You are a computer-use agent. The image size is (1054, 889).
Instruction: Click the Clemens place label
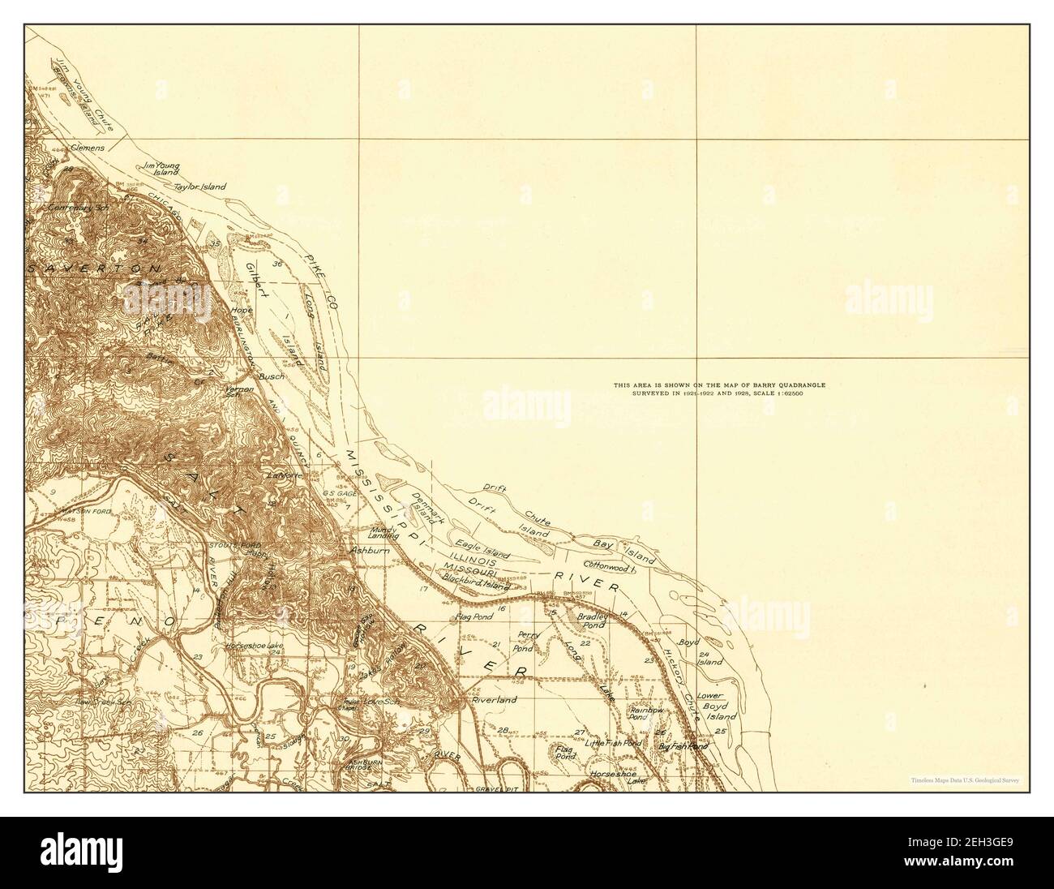pos(88,149)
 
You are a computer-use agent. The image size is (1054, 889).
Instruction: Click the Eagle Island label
pos(482,549)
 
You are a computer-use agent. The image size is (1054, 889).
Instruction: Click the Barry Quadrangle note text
pos(719,389)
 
